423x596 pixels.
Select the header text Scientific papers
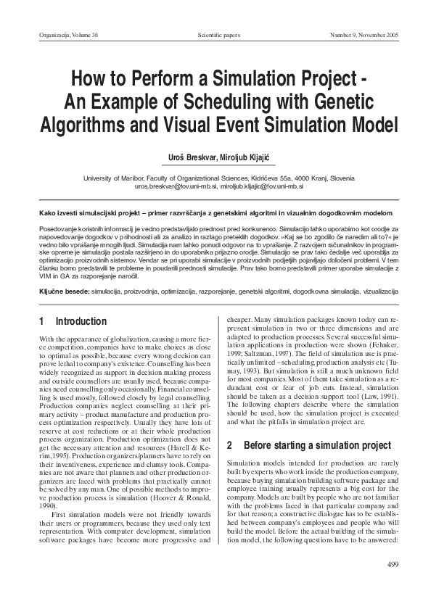pyautogui.click(x=218, y=35)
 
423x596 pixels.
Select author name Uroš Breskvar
pyautogui.click(x=190, y=157)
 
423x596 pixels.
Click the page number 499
pyautogui.click(x=394, y=564)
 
